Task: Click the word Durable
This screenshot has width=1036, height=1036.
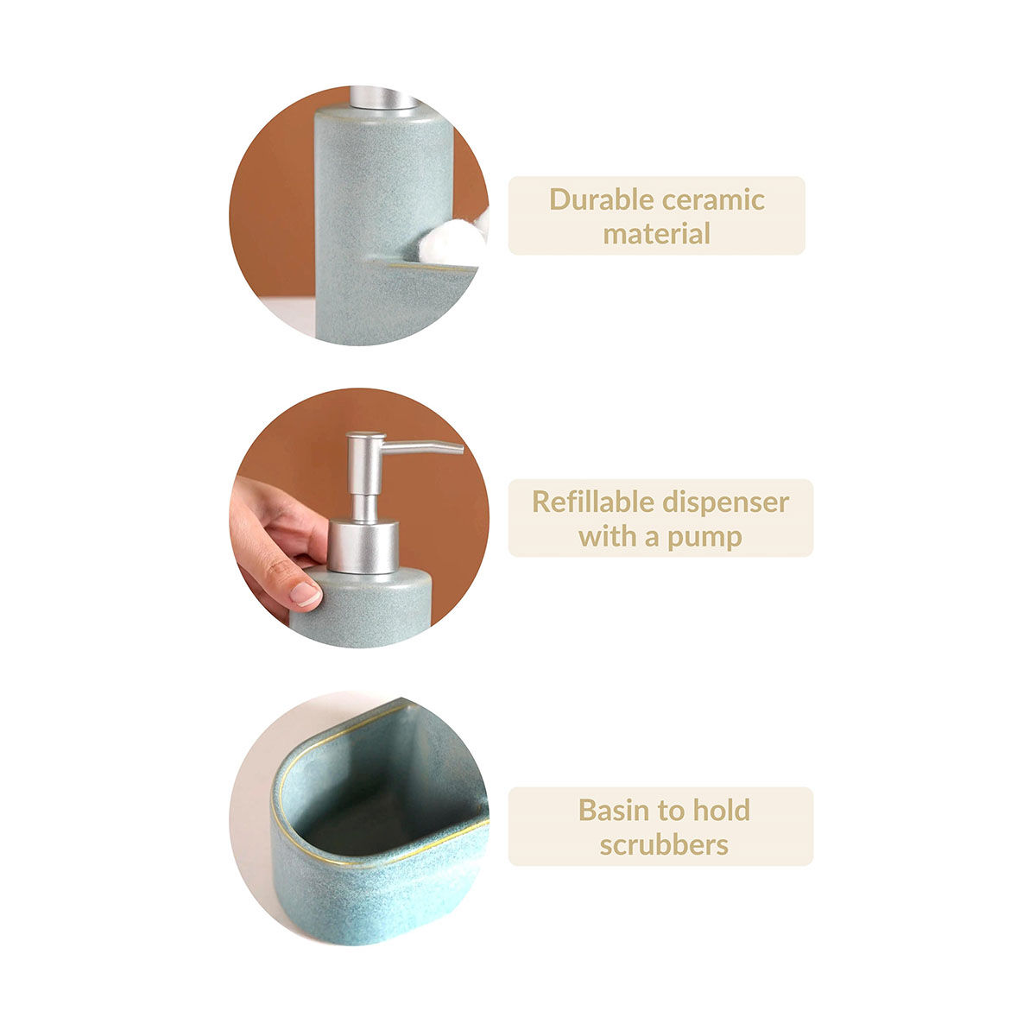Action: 602,200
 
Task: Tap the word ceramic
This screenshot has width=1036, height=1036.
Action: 713,200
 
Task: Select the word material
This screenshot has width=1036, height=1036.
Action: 656,234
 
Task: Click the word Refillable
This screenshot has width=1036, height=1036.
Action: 592,502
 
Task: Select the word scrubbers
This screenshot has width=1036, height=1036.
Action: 663,845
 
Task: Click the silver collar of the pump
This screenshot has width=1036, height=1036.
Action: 363,546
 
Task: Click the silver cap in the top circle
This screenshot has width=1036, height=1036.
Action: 383,98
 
